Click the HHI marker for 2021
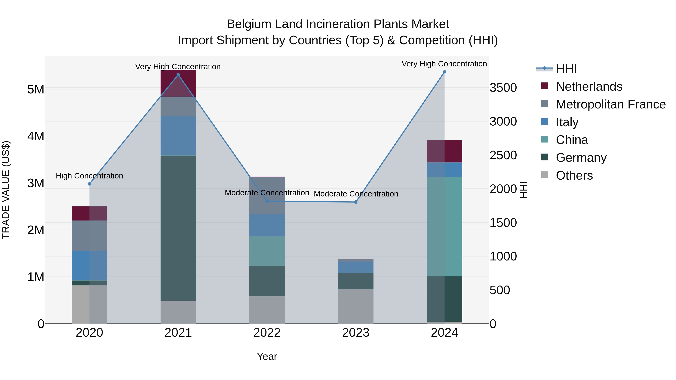(178, 75)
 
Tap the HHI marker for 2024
(444, 72)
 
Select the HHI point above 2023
(356, 202)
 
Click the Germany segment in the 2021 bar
(178, 228)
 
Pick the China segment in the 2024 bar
(444, 227)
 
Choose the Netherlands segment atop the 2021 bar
(178, 83)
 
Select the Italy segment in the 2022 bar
(267, 225)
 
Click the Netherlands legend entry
(589, 87)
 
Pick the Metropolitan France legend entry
(611, 104)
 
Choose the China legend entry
(572, 140)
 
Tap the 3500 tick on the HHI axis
(503, 88)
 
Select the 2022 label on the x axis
(267, 333)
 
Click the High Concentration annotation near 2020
(90, 176)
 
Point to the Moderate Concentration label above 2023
(356, 194)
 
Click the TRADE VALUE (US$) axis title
(6, 190)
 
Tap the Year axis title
(267, 356)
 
